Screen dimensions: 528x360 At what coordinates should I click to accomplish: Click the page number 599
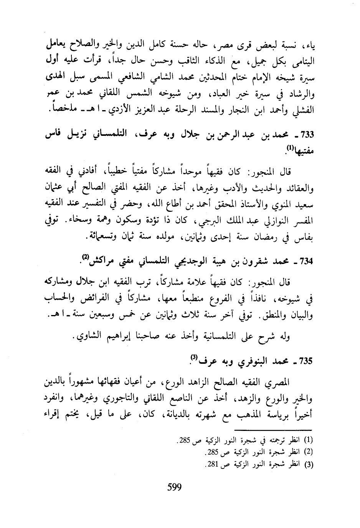(174, 488)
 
